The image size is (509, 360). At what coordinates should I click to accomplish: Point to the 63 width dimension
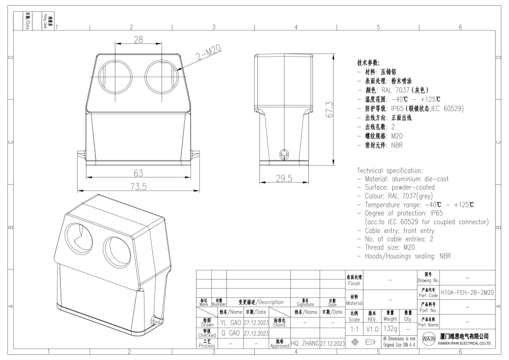tap(137, 172)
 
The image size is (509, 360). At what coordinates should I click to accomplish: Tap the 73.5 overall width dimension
tap(137, 186)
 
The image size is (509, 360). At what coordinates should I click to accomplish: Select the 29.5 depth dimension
tap(283, 178)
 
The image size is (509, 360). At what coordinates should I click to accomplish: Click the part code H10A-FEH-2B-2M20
tap(467, 292)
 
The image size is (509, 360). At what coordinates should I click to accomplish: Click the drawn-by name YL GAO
tap(230, 323)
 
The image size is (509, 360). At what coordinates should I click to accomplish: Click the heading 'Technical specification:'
tap(390, 170)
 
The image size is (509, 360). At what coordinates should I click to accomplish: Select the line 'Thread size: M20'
tap(386, 247)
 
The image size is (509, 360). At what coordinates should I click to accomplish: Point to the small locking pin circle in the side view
tap(282, 154)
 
